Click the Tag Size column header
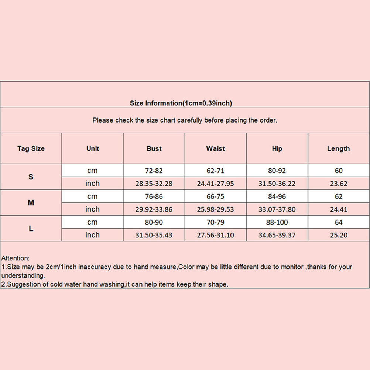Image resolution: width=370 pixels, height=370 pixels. click(31, 148)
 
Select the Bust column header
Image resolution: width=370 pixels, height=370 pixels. click(154, 148)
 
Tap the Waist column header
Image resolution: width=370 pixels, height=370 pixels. click(215, 148)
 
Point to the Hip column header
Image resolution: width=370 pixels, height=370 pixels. click(277, 148)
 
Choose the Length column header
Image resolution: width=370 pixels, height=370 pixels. click(338, 148)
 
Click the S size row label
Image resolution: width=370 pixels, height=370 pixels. click(31, 177)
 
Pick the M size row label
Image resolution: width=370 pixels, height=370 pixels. click(31, 203)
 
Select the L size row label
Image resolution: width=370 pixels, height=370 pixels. click(31, 229)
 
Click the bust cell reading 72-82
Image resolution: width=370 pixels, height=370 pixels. click(154, 171)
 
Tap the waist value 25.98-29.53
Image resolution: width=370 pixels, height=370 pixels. click(215, 209)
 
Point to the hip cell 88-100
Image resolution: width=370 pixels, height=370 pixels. click(277, 222)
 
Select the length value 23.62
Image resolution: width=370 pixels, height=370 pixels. click(339, 184)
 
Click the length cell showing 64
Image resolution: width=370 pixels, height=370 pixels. click(339, 222)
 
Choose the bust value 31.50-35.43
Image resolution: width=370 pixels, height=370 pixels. click(154, 235)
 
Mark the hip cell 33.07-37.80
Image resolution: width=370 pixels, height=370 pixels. click(277, 209)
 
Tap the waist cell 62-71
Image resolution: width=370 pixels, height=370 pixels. click(215, 171)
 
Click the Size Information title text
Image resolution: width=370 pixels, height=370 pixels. click(181, 103)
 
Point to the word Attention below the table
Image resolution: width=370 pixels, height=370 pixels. click(15, 258)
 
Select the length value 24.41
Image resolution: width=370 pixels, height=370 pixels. click(339, 209)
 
